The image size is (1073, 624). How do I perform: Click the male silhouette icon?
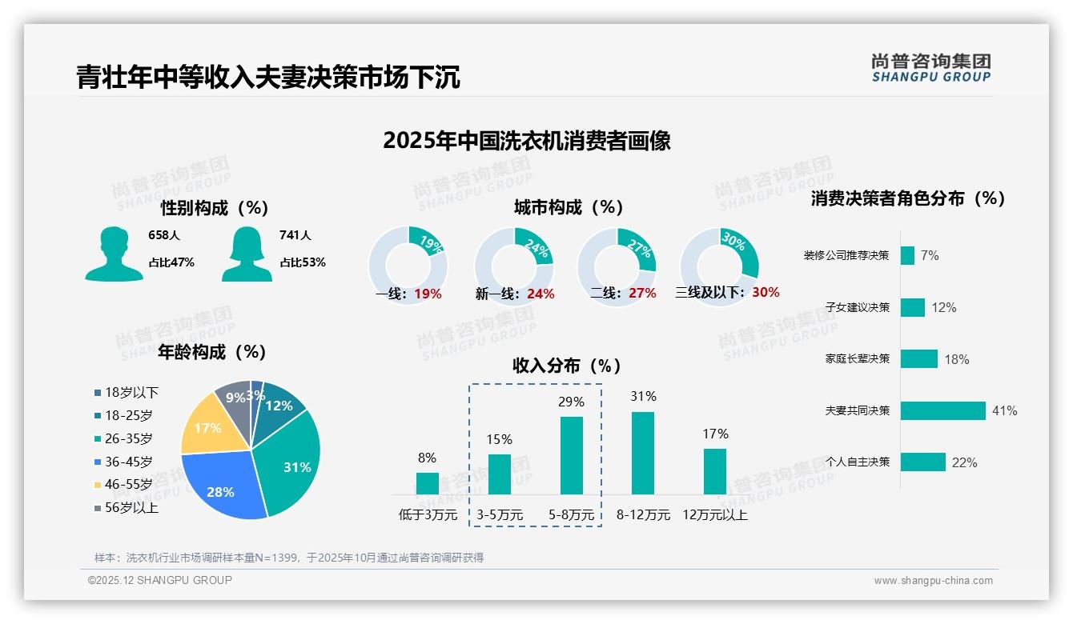[114, 254]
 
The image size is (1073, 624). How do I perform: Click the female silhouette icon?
[247, 254]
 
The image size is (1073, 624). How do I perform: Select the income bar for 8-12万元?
[642, 453]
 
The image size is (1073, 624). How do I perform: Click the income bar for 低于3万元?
[427, 483]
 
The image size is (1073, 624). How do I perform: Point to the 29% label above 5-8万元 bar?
[571, 402]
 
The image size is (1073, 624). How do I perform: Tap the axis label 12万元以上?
[714, 515]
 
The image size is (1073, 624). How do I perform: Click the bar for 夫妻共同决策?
[942, 410]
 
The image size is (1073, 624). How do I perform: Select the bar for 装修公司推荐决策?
[907, 255]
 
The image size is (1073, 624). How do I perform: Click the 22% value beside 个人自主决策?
[964, 462]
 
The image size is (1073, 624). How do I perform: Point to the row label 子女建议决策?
[857, 307]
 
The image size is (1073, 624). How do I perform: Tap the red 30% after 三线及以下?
[766, 292]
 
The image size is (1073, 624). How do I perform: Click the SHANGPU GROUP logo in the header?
[930, 68]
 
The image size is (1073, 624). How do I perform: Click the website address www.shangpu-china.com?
[933, 581]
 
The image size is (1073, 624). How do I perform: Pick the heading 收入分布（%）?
[567, 366]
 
